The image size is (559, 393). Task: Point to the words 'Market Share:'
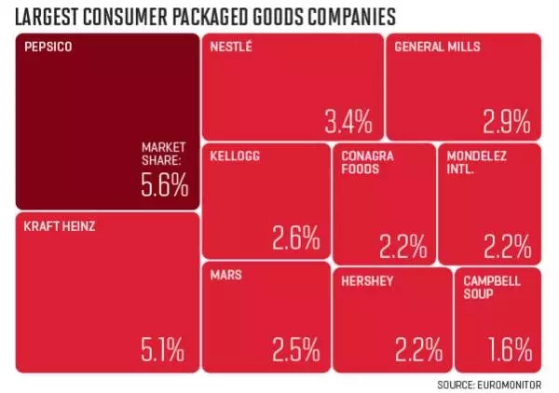coord(164,154)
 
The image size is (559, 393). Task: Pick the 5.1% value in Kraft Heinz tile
coord(162,351)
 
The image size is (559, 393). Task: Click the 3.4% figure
coord(348,120)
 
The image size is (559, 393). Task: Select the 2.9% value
coord(506,120)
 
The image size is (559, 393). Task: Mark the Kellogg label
coord(235,156)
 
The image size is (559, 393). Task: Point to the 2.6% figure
coord(295,239)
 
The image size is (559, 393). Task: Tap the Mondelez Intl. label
coord(476,162)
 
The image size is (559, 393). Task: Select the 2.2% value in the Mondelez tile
coord(508,246)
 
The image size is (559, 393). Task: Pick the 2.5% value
coord(295,351)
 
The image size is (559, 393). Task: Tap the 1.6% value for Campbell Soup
coord(510,351)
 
